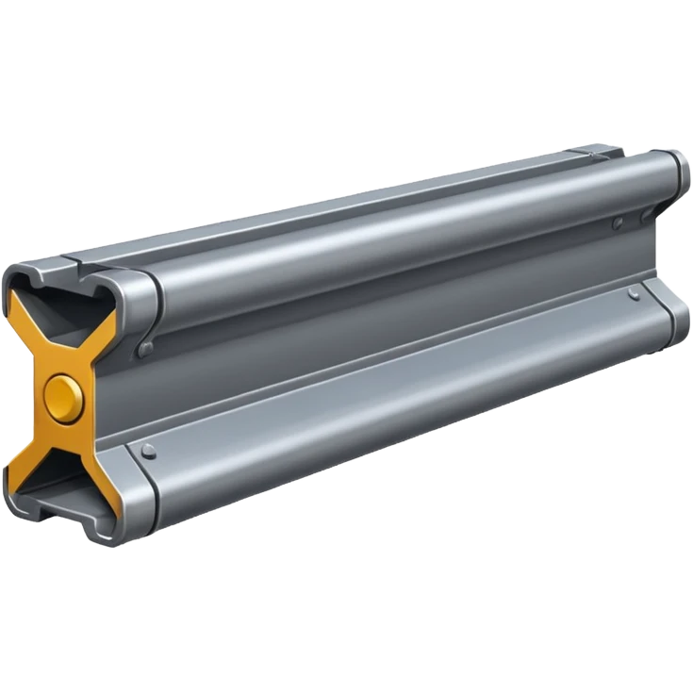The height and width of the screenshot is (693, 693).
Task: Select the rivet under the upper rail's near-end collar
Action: [144, 350]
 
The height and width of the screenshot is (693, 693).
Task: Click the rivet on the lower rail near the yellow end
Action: [144, 453]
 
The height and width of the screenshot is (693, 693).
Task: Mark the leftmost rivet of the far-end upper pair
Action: [618, 224]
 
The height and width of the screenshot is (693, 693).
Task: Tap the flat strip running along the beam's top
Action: [330, 207]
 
